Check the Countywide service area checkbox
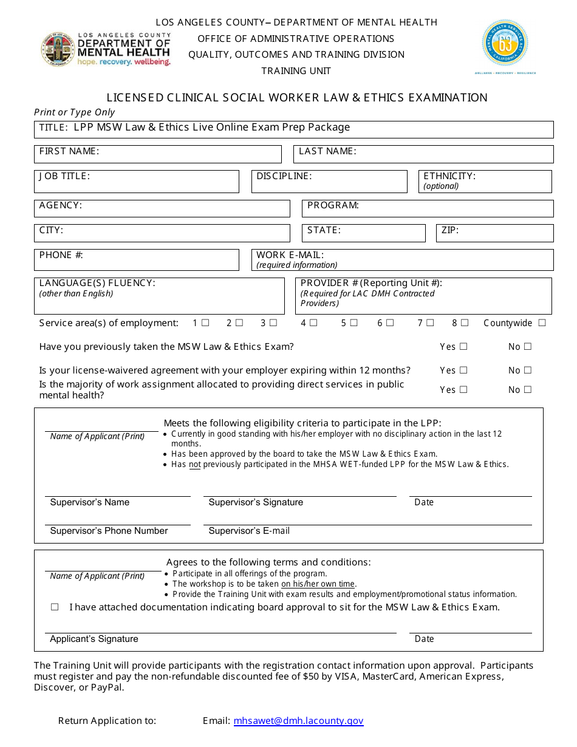(x=542, y=323)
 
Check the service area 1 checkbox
(x=206, y=323)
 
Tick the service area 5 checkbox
(x=353, y=323)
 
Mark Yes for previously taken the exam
(x=463, y=347)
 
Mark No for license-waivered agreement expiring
(x=527, y=370)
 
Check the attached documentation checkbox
(x=55, y=607)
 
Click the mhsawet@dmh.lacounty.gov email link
(x=298, y=721)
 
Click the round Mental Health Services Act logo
(x=505, y=44)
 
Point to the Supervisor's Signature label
(x=256, y=502)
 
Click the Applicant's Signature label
(x=94, y=639)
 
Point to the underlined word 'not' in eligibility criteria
(x=194, y=465)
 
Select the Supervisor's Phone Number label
(x=109, y=531)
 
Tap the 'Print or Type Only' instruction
(x=74, y=112)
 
